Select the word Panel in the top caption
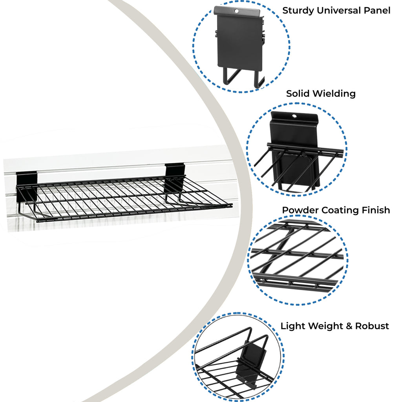point(377,11)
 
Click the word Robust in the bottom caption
point(372,326)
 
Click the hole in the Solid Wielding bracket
point(294,116)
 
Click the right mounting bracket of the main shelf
point(174,177)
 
